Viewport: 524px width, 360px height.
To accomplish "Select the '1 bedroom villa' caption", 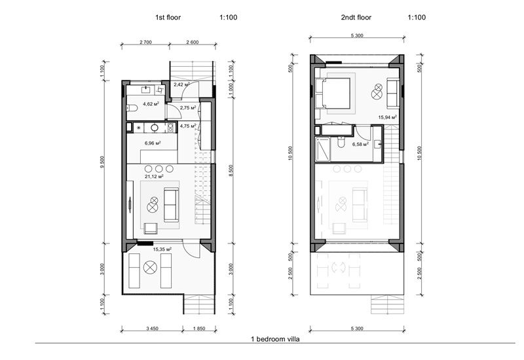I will pyautogui.click(x=276, y=339).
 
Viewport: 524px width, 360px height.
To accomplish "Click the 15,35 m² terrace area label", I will pyautogui.click(x=162, y=249).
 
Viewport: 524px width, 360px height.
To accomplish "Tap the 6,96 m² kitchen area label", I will pyautogui.click(x=151, y=143).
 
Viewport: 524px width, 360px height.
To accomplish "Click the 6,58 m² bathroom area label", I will pyautogui.click(x=361, y=145).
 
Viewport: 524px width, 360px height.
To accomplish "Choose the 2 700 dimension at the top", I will pyautogui.click(x=145, y=43).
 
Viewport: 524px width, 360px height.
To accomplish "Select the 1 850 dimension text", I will pyautogui.click(x=199, y=330).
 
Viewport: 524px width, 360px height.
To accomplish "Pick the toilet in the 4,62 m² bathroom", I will pyautogui.click(x=130, y=108).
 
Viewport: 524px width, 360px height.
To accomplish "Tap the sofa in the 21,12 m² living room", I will pyautogui.click(x=171, y=205).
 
